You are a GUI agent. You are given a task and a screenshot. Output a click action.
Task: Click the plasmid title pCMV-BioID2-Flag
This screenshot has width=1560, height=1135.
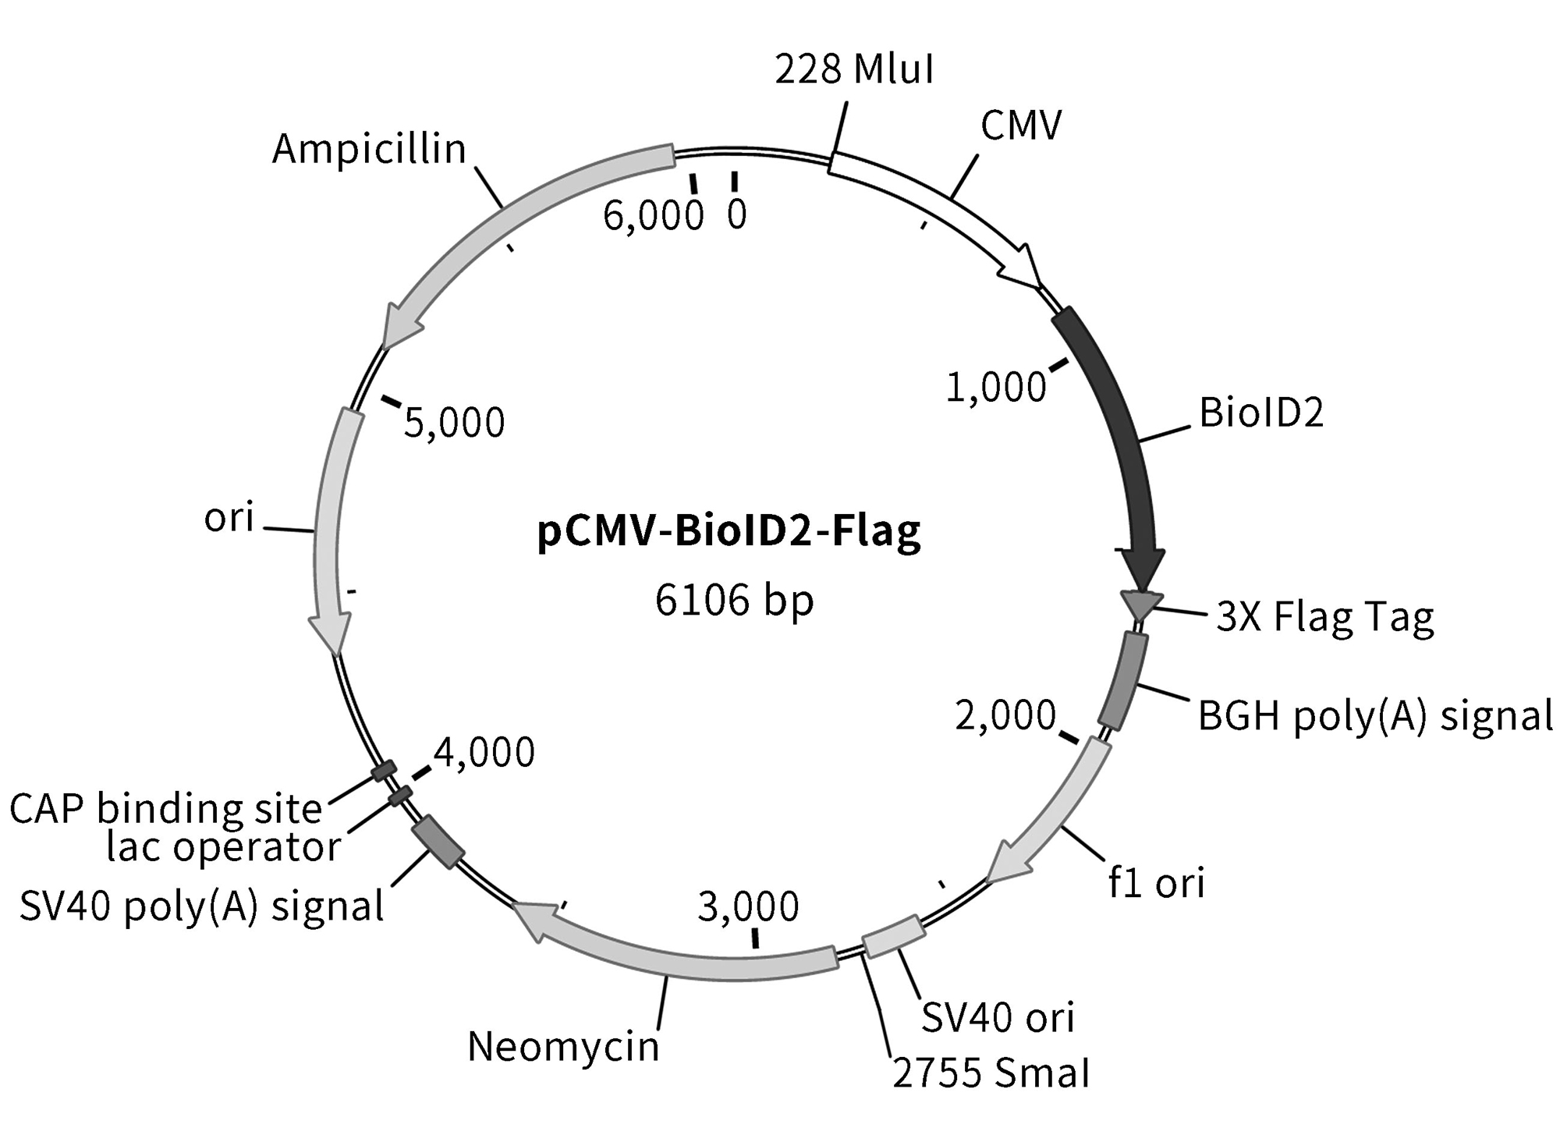point(729,532)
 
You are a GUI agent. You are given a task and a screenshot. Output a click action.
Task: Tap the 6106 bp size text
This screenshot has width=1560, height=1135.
point(734,601)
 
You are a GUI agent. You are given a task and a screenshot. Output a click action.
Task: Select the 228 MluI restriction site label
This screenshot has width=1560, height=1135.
point(854,69)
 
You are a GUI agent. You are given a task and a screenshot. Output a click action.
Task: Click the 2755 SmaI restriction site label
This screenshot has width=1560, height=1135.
point(991,1074)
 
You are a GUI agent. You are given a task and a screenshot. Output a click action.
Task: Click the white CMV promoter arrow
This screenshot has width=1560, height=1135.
point(936,211)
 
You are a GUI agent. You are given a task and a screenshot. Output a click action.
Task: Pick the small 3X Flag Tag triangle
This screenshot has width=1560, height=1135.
point(1140,604)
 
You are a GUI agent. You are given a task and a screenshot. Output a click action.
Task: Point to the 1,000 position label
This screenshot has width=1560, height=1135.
point(995,387)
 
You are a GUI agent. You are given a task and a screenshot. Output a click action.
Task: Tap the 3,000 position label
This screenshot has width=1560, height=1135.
point(747,906)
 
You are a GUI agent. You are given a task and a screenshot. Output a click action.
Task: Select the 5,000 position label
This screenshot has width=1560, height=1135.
point(454,423)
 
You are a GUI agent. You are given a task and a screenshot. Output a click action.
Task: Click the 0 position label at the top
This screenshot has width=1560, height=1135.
point(736,215)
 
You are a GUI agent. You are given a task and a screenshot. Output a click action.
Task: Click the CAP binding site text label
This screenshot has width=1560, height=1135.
point(165,809)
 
